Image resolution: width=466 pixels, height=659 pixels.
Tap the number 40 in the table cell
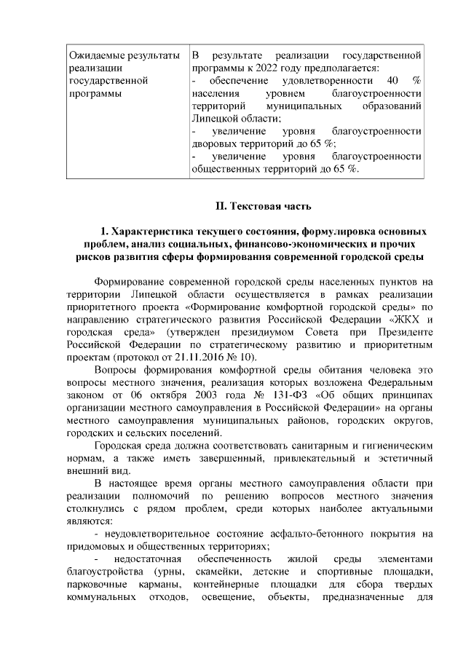click(393, 80)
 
